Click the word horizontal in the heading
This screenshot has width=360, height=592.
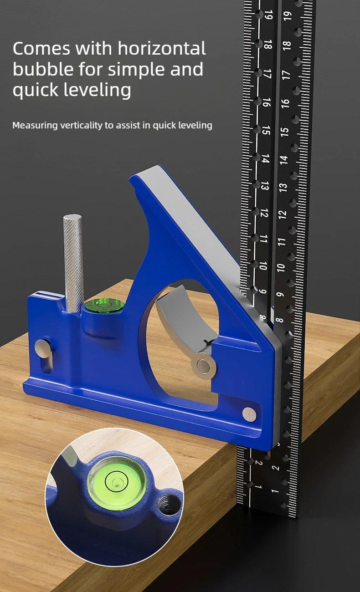[x=162, y=48]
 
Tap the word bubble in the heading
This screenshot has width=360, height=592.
[x=43, y=69]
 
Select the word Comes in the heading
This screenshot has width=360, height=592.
[x=41, y=48]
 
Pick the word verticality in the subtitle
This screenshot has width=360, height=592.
[x=81, y=125]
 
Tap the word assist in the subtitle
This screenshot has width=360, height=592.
[x=128, y=125]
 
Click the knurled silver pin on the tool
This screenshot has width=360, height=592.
[x=73, y=263]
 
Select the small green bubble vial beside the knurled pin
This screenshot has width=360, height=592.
[x=104, y=305]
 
